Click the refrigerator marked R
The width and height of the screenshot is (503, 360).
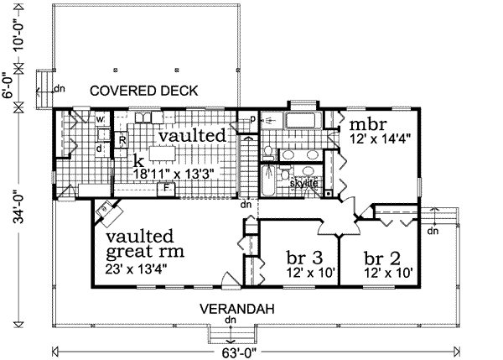pyautogui.click(x=122, y=139)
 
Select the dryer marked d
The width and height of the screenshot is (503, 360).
pyautogui.click(x=99, y=149)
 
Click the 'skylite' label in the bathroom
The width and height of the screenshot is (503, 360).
pyautogui.click(x=303, y=182)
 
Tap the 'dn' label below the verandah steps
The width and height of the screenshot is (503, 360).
pyautogui.click(x=230, y=321)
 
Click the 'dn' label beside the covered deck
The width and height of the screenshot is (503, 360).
pyautogui.click(x=59, y=88)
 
